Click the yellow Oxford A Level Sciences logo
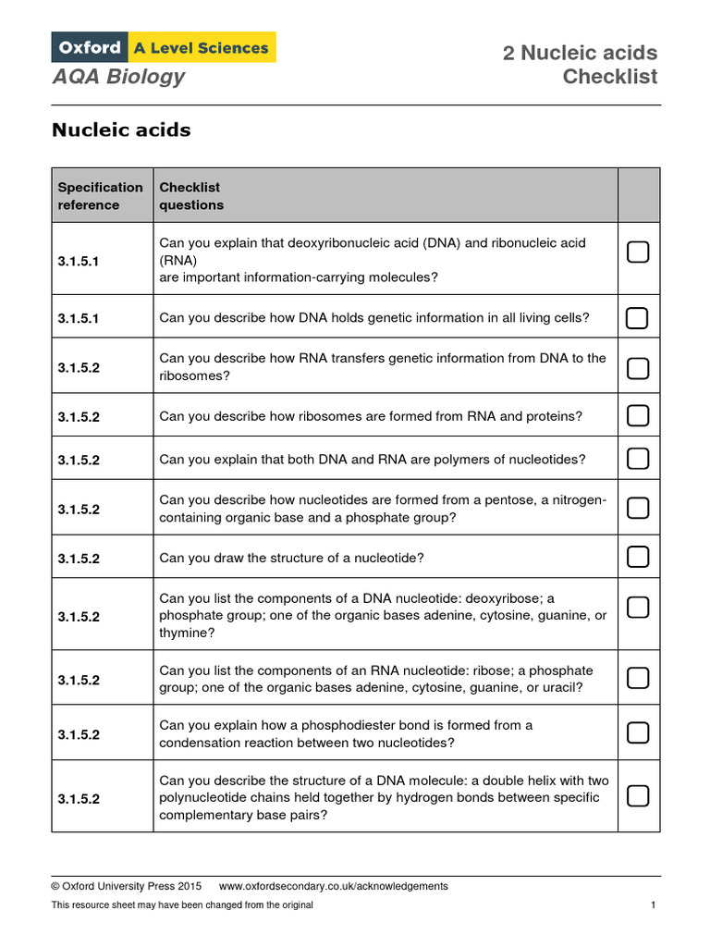point(164,47)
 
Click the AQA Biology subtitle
point(118,77)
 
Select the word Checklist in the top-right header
point(610,77)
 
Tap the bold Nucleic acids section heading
point(121,130)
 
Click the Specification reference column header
point(101,196)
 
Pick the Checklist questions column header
point(191,196)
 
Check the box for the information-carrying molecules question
point(638,252)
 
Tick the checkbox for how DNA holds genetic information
point(638,318)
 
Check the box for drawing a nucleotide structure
point(638,557)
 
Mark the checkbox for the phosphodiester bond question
point(638,733)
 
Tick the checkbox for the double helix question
point(638,795)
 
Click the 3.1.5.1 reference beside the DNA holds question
point(79,318)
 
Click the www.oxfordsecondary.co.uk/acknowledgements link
point(333,886)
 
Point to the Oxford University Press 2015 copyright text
point(127,886)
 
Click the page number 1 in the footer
point(653,905)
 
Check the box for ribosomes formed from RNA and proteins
point(638,415)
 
